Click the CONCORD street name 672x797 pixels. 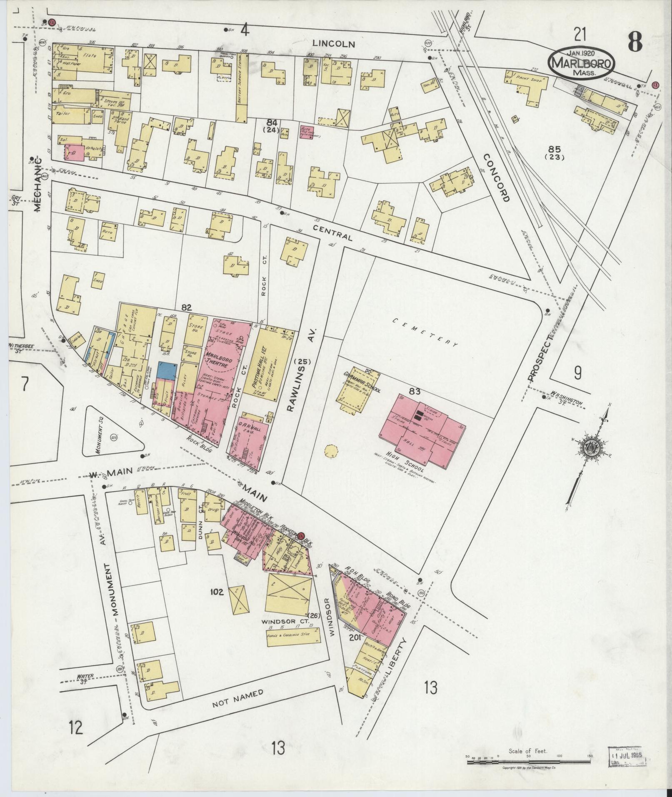(497, 177)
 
